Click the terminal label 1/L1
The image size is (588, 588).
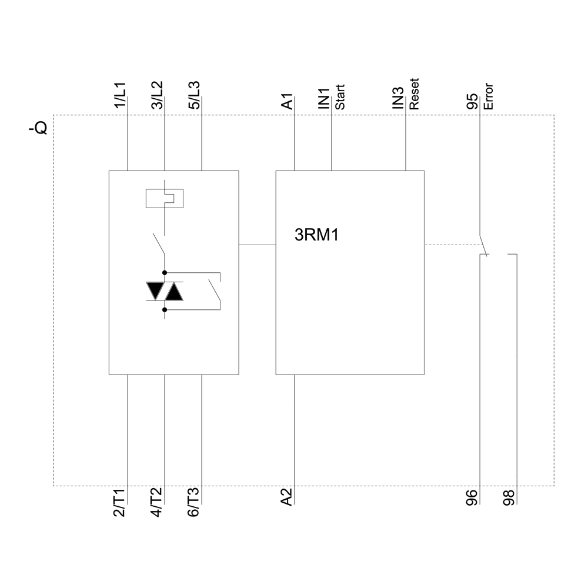120,95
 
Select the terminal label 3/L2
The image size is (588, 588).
157,95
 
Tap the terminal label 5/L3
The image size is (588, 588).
195,95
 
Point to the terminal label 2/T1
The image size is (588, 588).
120,503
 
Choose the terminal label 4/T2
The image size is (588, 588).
157,503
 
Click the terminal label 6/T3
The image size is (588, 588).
195,503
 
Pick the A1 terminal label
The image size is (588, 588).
287,102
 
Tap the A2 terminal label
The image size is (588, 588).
287,497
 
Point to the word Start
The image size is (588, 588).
340,98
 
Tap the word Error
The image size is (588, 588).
488,98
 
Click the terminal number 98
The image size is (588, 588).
509,497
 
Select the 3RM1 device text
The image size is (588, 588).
317,236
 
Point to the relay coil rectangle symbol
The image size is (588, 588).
164,198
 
